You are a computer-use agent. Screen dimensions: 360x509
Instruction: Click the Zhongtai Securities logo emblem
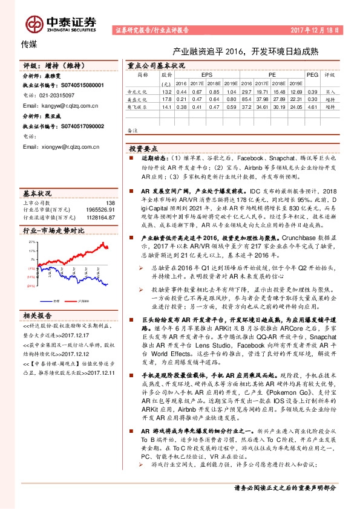(35, 24)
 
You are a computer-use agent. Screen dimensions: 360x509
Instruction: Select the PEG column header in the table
(312, 75)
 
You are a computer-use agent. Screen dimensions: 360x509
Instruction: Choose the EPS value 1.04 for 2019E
(230, 91)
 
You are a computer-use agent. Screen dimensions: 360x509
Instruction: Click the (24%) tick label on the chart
(31, 286)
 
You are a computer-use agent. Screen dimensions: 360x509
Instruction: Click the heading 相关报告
(38, 316)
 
